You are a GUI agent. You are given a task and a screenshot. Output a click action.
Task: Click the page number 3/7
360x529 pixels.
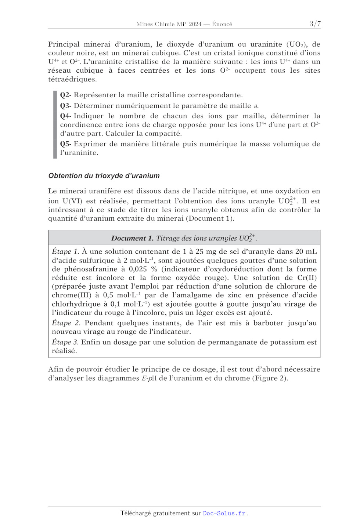point(315,24)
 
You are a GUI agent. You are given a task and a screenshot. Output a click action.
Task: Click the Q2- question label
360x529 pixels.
point(66,95)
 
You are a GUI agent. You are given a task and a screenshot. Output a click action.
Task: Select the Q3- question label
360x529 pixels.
point(66,106)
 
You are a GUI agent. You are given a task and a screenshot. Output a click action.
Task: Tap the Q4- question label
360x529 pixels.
point(66,116)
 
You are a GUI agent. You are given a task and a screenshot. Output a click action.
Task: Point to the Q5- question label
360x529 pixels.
point(66,144)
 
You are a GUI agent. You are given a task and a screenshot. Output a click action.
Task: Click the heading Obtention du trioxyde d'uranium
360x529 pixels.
point(104,175)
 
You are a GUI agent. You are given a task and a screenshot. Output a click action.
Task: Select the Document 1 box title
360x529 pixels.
point(184,238)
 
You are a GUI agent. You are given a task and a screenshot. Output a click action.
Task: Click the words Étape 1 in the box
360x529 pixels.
point(65,251)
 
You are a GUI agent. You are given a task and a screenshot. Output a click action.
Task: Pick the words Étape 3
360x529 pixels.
point(65,342)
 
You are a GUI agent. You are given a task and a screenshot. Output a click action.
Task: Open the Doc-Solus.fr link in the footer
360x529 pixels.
point(224,513)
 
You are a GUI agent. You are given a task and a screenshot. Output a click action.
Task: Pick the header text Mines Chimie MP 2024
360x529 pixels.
point(169,24)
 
